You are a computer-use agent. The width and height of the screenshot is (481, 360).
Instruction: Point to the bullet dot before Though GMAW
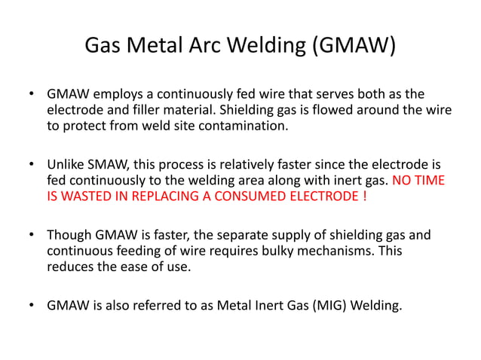[32, 235]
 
